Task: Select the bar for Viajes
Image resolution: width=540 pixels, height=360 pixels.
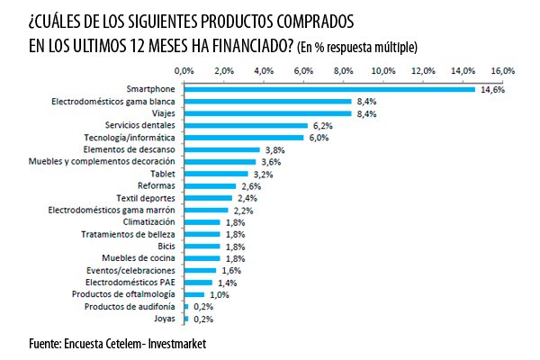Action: [267, 113]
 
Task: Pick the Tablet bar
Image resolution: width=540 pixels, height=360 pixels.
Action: [215, 174]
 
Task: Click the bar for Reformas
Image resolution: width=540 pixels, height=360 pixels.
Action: [209, 185]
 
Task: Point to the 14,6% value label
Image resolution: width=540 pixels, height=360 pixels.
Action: [490, 89]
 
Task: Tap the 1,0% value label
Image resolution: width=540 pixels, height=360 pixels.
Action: [219, 294]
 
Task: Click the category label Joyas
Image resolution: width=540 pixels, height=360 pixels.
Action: [165, 319]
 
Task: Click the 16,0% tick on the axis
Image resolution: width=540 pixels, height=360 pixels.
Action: [502, 69]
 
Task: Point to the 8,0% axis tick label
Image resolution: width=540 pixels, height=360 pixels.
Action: [343, 69]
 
